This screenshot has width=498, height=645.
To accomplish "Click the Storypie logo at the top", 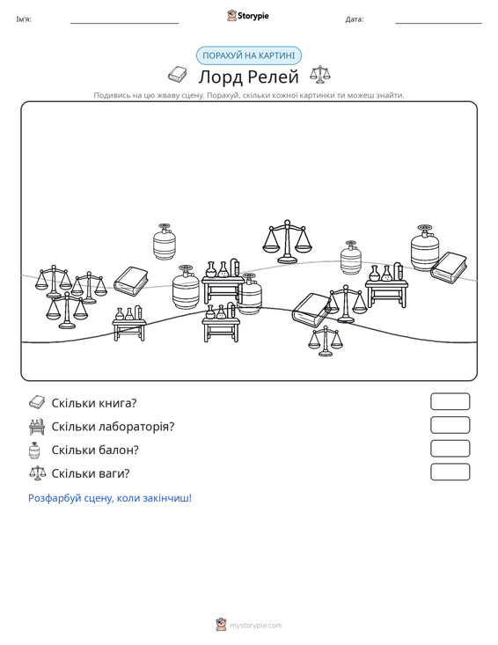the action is tap(248, 16).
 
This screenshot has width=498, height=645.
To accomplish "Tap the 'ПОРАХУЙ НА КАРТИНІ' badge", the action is tap(249, 55).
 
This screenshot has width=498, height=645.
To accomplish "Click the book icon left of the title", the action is tap(178, 75).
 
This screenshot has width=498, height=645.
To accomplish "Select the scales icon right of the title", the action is tap(320, 75).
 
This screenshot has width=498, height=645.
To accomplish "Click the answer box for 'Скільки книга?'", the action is tap(450, 401).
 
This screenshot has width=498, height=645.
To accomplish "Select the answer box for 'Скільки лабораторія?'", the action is tap(450, 425).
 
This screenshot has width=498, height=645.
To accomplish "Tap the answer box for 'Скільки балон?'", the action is tap(450, 449).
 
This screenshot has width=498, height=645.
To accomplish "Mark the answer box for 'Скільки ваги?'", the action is tap(450, 472).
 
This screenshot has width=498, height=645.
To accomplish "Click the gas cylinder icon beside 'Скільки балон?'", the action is tap(34, 450).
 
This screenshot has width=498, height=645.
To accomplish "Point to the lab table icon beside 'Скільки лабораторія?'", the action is tap(37, 427).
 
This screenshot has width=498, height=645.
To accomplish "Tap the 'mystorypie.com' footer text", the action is tap(255, 626).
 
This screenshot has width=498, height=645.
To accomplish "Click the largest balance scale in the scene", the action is tap(287, 241).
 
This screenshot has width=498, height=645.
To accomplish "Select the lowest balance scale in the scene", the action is tap(326, 341).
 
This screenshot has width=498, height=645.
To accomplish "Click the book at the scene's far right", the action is tap(449, 268).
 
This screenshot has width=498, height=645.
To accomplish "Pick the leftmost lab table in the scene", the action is tap(129, 323).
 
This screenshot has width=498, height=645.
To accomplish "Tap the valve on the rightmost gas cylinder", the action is tap(424, 229).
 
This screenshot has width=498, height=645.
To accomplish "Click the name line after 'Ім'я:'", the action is tap(125, 23).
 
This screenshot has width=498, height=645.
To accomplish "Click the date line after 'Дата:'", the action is tap(438, 23).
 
